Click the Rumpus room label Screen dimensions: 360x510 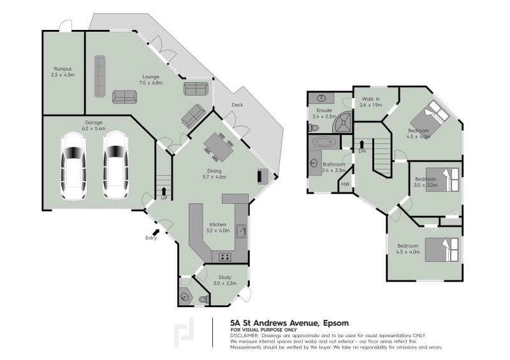pyautogui.click(x=63, y=71)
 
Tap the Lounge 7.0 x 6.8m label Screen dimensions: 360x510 pyautogui.click(x=151, y=80)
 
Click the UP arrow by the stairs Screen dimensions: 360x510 pyautogui.click(x=164, y=191)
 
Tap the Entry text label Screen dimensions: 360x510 pyautogui.click(x=150, y=238)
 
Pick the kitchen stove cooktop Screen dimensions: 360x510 pyautogui.click(x=226, y=256)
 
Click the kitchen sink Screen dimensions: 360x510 pyautogui.click(x=241, y=231)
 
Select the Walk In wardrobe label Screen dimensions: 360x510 pyautogui.click(x=371, y=102)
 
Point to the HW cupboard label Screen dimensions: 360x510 pyautogui.click(x=346, y=185)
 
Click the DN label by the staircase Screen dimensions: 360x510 pyautogui.click(x=361, y=151)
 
